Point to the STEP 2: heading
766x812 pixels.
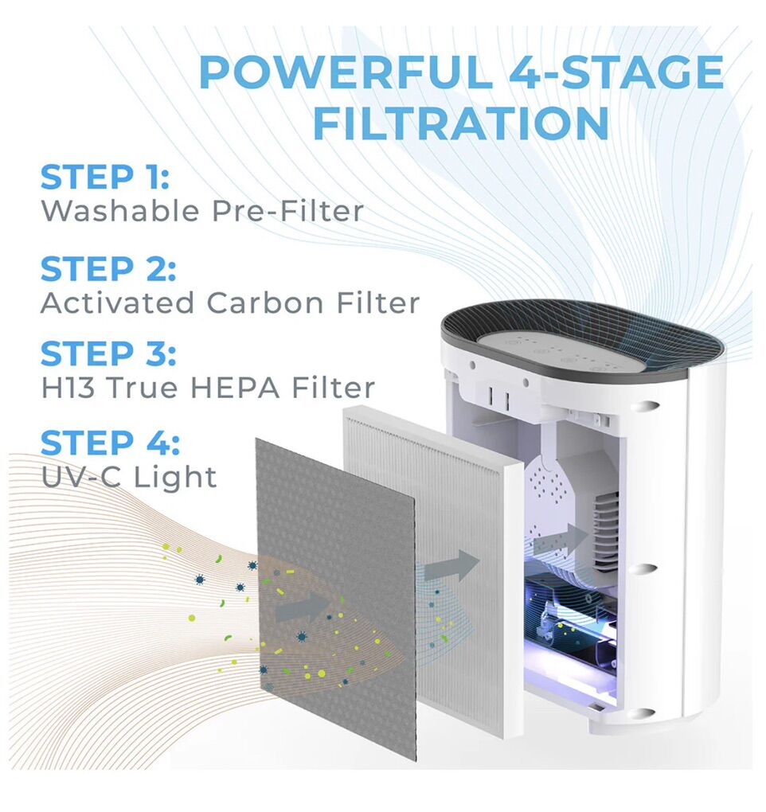pyautogui.click(x=107, y=269)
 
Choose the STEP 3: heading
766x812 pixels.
pyautogui.click(x=107, y=353)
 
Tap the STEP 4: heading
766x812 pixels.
pyautogui.click(x=110, y=443)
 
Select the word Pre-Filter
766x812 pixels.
pyautogui.click(x=287, y=211)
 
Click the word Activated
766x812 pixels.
pyautogui.click(x=117, y=303)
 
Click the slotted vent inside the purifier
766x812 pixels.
pyautogui.click(x=604, y=529)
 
